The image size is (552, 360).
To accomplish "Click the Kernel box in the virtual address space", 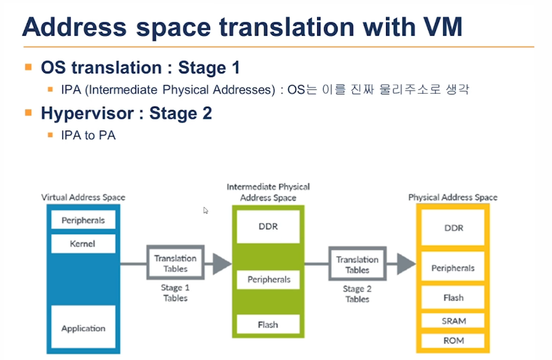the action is click(83, 244).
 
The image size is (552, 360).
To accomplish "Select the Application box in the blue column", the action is click(83, 327).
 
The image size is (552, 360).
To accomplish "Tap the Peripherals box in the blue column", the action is click(83, 220).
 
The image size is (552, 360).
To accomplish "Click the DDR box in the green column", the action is click(268, 227).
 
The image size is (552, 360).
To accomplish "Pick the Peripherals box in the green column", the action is click(268, 280).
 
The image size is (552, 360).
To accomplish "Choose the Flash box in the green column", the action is click(268, 324).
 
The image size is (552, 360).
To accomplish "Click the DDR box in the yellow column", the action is click(453, 228).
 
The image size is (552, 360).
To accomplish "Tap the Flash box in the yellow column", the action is click(453, 297).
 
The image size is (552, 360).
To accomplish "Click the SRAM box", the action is click(453, 320).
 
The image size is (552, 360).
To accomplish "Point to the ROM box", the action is click(453, 340).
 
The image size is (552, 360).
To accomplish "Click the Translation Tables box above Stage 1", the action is click(175, 263).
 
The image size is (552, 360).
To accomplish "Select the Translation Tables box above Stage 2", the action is click(357, 264).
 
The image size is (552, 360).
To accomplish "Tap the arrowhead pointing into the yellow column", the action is click(407, 264).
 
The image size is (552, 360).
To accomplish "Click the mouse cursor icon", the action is click(205, 210).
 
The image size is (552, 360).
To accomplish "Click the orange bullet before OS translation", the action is click(29, 67).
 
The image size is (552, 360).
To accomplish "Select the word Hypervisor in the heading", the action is click(87, 114).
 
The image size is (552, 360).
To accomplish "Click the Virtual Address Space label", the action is click(83, 197).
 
